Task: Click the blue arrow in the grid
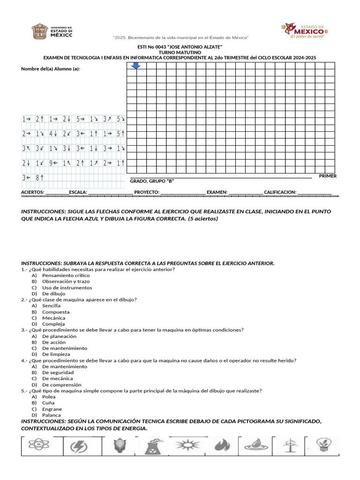click(x=136, y=66)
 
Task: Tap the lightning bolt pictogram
click(x=78, y=447)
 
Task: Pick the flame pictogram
click(x=223, y=446)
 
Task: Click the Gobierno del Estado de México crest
click(x=39, y=32)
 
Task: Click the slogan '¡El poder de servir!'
click(x=307, y=36)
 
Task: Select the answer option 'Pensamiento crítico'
click(x=59, y=276)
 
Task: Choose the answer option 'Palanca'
click(x=51, y=415)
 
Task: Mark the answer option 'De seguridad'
click(x=58, y=372)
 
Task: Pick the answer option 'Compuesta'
click(x=55, y=312)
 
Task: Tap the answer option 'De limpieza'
click(x=56, y=354)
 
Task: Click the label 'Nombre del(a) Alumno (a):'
click(x=51, y=69)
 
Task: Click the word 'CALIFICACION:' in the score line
click(x=280, y=192)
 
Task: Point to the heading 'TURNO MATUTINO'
click(x=180, y=52)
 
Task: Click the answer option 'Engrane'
click(x=52, y=409)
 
